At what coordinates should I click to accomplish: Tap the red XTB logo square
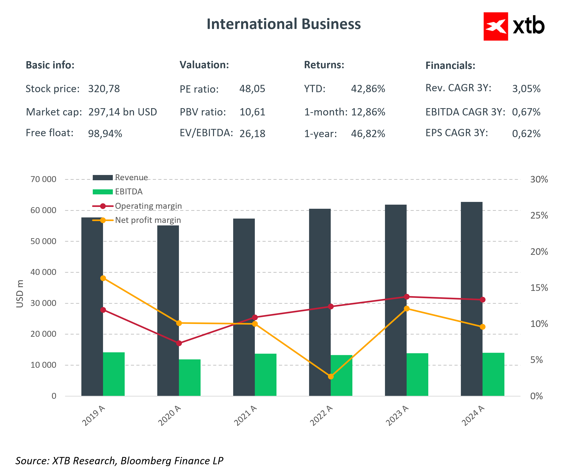click(x=496, y=26)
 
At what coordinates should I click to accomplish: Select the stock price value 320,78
click(x=104, y=89)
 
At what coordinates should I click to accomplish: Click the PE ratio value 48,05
click(x=252, y=89)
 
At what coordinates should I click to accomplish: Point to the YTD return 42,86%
click(x=368, y=89)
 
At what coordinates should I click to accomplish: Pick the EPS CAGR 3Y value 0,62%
click(x=526, y=133)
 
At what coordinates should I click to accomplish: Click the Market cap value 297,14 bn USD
click(x=123, y=112)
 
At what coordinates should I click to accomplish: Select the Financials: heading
click(x=450, y=65)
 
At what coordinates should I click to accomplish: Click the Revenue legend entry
click(x=131, y=177)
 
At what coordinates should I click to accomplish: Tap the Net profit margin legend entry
click(x=148, y=220)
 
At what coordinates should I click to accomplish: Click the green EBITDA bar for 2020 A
click(x=190, y=378)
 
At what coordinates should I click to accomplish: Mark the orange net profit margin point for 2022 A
click(x=330, y=376)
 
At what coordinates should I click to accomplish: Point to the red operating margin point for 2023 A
click(x=407, y=297)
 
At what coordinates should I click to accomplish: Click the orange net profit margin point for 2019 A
click(x=103, y=278)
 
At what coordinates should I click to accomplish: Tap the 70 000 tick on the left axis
click(x=43, y=179)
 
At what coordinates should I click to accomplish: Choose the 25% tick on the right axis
click(x=539, y=216)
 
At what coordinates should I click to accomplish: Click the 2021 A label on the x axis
click(x=245, y=416)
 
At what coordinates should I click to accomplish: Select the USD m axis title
click(x=20, y=294)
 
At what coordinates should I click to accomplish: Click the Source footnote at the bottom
click(x=119, y=461)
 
